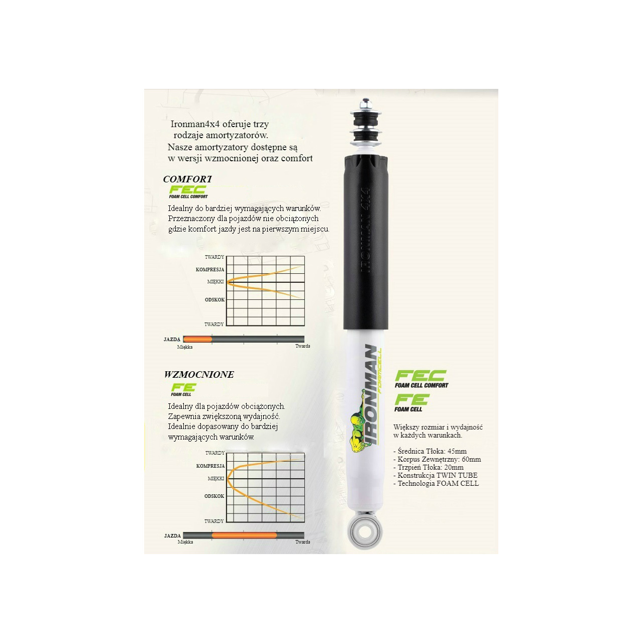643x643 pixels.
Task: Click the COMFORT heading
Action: tap(187, 179)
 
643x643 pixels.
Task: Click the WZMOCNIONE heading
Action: tap(199, 374)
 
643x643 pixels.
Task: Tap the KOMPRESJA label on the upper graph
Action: tap(210, 269)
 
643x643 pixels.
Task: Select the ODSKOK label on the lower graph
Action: tap(214, 496)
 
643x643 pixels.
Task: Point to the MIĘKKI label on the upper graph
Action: tap(215, 282)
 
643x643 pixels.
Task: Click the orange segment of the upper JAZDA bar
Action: tap(197, 340)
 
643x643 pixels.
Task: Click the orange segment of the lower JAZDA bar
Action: tap(244, 535)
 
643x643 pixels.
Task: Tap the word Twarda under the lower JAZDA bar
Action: tap(302, 542)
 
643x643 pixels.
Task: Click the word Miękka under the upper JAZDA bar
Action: tap(185, 347)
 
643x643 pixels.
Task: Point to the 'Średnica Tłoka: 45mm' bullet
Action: tap(430, 451)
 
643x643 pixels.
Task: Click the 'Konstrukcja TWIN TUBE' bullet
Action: tap(436, 475)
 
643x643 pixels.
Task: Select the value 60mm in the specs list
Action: tap(472, 459)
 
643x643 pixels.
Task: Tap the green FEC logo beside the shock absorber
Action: tap(421, 379)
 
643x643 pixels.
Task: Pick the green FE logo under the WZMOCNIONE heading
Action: tap(183, 389)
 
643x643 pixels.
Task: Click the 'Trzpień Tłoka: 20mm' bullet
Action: tap(428, 467)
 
